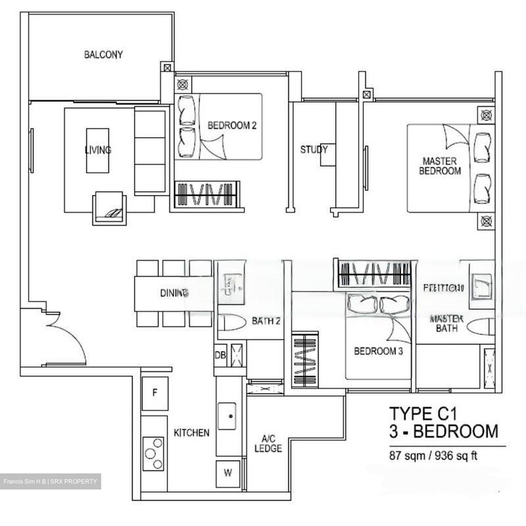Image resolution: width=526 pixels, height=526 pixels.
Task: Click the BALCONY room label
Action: click(x=103, y=55)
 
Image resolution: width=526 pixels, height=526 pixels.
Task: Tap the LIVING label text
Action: click(x=98, y=150)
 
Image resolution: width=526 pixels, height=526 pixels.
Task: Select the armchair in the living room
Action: click(x=110, y=208)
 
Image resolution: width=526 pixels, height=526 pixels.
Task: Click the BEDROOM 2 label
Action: click(x=232, y=126)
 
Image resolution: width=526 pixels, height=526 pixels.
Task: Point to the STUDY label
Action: click(x=314, y=149)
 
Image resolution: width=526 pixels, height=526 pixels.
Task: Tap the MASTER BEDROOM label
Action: click(x=440, y=166)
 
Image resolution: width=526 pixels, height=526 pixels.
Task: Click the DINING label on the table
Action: click(x=174, y=293)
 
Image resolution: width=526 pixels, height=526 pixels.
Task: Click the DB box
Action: click(x=220, y=355)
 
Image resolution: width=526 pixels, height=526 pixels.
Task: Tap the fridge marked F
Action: click(x=155, y=393)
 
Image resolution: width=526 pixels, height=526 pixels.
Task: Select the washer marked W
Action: click(x=228, y=473)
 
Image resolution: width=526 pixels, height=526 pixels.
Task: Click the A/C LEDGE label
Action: click(x=268, y=443)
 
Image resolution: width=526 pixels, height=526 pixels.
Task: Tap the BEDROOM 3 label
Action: click(x=378, y=351)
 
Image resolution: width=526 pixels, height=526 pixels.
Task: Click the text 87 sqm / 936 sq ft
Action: click(x=433, y=456)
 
